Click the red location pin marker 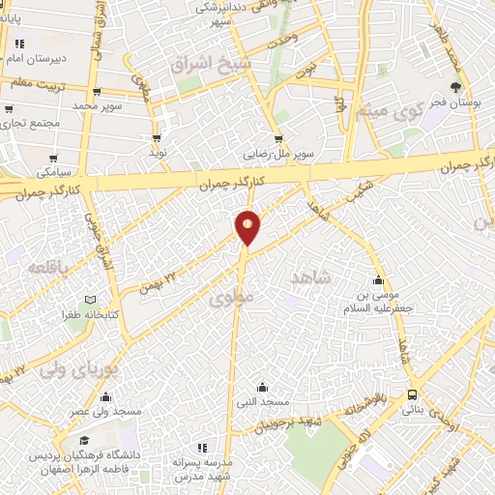[x=247, y=228]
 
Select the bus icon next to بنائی [x=413, y=394]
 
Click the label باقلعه [x=47, y=266]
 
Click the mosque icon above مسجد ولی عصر [x=105, y=396]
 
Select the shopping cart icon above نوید [x=157, y=138]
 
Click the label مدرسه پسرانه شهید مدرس [x=202, y=470]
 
